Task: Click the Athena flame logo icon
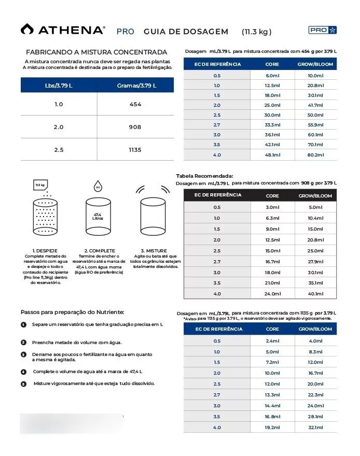pos(27,29)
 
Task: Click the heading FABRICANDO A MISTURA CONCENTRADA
pos(96,52)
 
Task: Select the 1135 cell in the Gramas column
pos(135,150)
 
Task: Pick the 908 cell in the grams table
pos(135,127)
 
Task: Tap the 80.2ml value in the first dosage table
pos(315,155)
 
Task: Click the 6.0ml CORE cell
pos(272,76)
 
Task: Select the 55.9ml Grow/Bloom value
pos(315,125)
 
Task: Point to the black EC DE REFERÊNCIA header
pos(217,195)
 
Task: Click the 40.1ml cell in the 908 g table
pos(315,294)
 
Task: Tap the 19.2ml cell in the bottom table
pos(272,427)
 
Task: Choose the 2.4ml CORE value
pos(272,341)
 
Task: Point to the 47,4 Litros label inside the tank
pos(98,216)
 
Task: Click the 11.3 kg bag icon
pos(40,185)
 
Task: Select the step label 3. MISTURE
pos(154,251)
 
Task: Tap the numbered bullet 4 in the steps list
pos(24,372)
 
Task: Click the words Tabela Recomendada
pos(204,176)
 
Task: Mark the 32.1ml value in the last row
pos(315,427)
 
